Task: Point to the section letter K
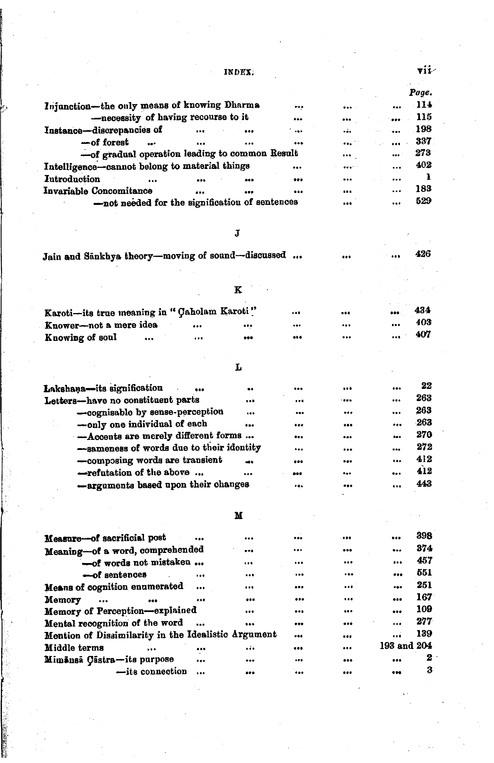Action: tap(238, 290)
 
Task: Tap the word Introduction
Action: tap(72, 179)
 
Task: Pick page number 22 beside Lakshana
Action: tap(426, 386)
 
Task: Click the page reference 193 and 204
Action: tap(406, 645)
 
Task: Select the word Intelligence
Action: tap(70, 167)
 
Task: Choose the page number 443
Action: tap(424, 483)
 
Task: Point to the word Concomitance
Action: tap(122, 191)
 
